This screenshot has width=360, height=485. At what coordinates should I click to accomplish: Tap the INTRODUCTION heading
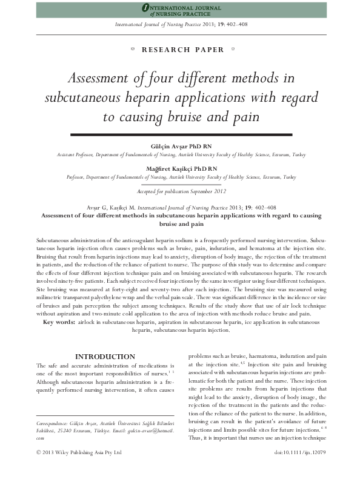[x=104, y=357]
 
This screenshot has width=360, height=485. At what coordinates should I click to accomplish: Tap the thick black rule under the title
[x=181, y=133]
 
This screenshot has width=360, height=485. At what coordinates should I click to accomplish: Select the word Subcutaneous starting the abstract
[x=53, y=241]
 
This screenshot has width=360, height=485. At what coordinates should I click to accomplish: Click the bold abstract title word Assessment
[x=61, y=214]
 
